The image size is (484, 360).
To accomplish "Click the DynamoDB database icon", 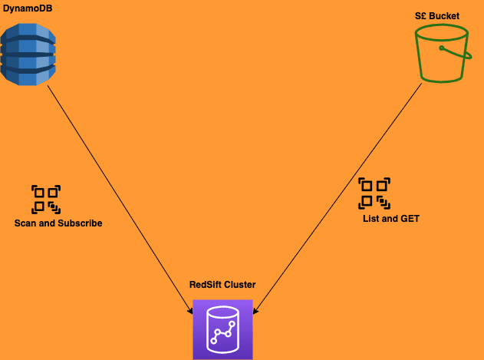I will coord(28,54).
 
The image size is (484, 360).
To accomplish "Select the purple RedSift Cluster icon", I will coord(222,329).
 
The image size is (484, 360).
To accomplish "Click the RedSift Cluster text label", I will coord(222,285).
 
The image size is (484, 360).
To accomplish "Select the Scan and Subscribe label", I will coord(58,223).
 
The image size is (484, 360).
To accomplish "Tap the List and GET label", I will coord(391,219).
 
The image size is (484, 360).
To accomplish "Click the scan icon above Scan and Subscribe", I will coord(46,199).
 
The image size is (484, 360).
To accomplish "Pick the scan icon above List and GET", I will coord(375,193).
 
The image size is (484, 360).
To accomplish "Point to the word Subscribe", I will coord(81,223).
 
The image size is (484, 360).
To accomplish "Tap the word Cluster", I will coord(239,285).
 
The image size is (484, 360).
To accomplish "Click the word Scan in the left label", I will coord(25,223).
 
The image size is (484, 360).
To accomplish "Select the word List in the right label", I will coord(371,219).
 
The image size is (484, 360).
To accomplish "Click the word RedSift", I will coord(206,285).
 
